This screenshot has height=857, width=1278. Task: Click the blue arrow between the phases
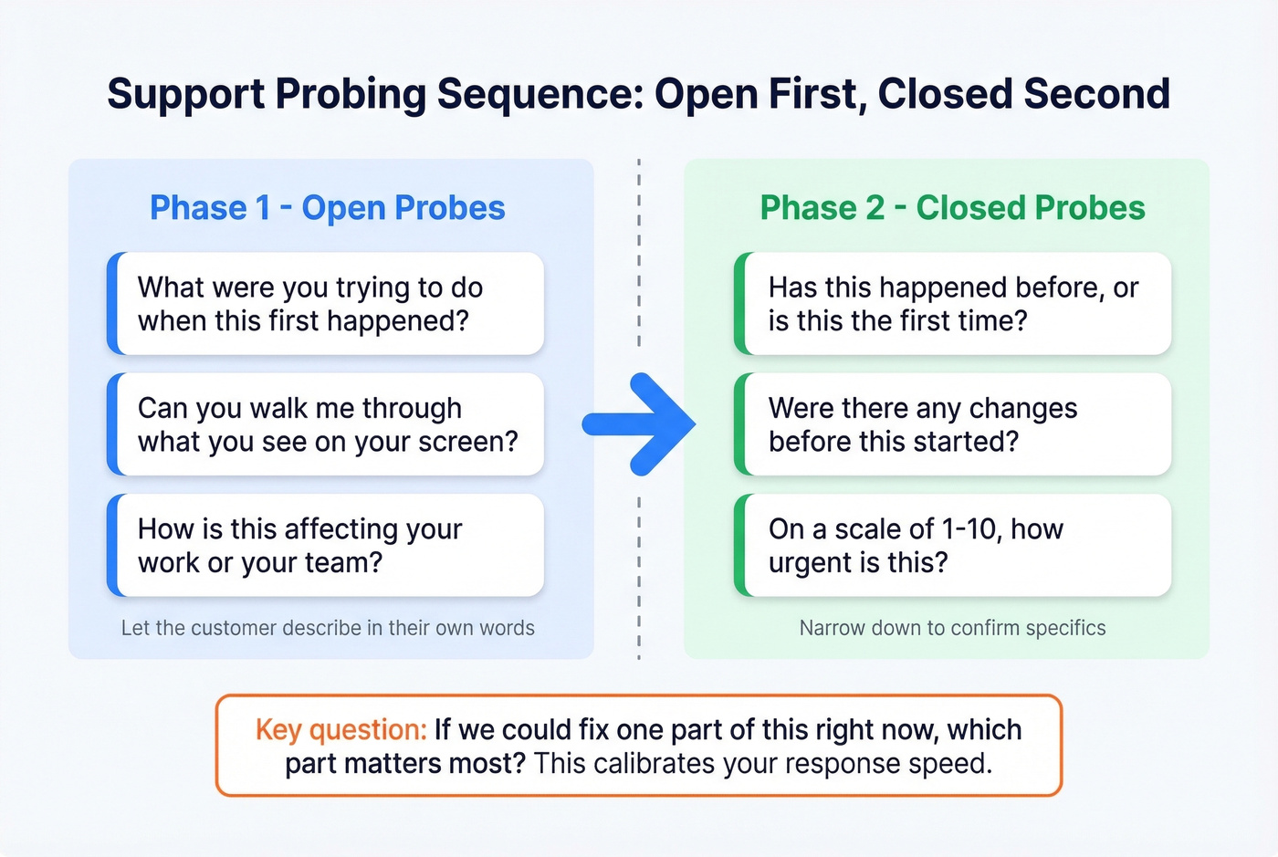[642, 423]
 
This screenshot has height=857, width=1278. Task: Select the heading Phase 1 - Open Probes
[327, 208]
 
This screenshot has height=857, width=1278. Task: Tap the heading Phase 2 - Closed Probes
[952, 208]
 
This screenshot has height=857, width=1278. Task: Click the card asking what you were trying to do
[326, 304]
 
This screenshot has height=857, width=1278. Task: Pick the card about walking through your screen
[326, 424]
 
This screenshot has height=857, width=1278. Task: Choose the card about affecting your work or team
[326, 546]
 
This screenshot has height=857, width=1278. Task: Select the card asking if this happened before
[953, 304]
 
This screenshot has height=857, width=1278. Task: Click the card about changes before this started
[953, 424]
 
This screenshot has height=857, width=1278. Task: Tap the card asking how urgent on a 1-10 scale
[953, 546]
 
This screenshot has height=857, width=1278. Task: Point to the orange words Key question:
[340, 730]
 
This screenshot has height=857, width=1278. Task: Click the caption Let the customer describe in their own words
[328, 628]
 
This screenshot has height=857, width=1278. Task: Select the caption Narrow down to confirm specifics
[952, 628]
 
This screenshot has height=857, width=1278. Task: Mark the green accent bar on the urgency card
[739, 546]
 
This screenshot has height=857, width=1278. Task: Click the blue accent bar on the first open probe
[112, 304]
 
